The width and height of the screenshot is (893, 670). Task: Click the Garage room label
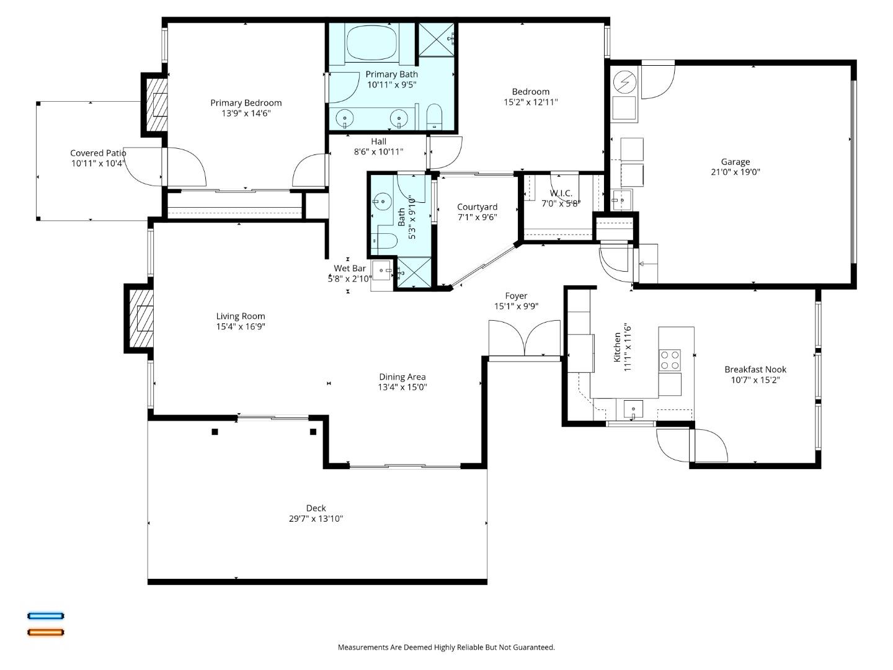coord(735,162)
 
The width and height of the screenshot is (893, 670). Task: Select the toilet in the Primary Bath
coord(433,117)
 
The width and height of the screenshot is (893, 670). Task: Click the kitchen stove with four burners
coord(670,360)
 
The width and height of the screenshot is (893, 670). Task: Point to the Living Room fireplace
coord(140,318)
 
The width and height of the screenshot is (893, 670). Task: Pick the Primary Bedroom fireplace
coord(158,105)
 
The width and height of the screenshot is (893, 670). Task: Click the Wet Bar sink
coord(382,270)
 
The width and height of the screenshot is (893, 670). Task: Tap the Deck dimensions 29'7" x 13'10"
coord(316,519)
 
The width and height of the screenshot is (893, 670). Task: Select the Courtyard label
coord(477,207)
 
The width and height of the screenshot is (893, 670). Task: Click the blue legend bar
coord(45,616)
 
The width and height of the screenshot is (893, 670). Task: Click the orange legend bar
coord(45,632)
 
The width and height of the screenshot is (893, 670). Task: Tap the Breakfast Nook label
coord(755,369)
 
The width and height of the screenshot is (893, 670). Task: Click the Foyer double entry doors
coord(525,339)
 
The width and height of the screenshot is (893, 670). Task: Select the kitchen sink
coord(633,409)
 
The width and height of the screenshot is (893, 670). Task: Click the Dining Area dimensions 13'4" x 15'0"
coord(402,387)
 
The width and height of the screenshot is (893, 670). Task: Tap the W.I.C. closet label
coord(561,194)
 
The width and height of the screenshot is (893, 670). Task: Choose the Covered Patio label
coord(98,153)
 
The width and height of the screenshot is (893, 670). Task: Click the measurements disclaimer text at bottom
coord(446,647)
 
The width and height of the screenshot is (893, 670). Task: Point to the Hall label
coord(378,141)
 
